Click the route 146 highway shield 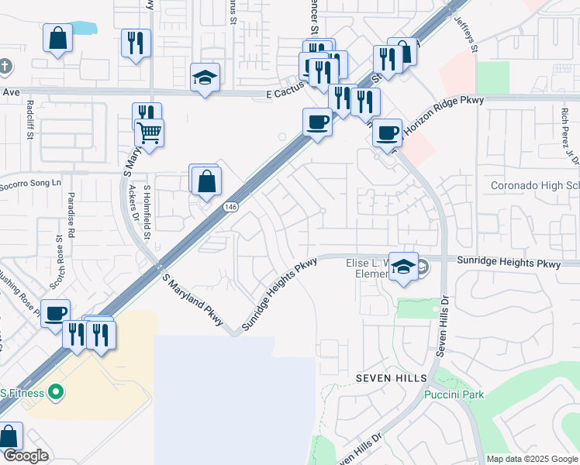pyautogui.click(x=230, y=207)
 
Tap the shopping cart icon pyautogui.click(x=149, y=132)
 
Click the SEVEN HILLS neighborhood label pyautogui.click(x=392, y=377)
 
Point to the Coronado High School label pyautogui.click(x=535, y=186)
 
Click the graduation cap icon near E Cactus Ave pyautogui.click(x=205, y=77)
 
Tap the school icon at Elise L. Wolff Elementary pyautogui.click(x=403, y=267)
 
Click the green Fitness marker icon pyautogui.click(x=55, y=392)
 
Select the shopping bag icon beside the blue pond pyautogui.click(x=58, y=37)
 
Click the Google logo pyautogui.click(x=26, y=456)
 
